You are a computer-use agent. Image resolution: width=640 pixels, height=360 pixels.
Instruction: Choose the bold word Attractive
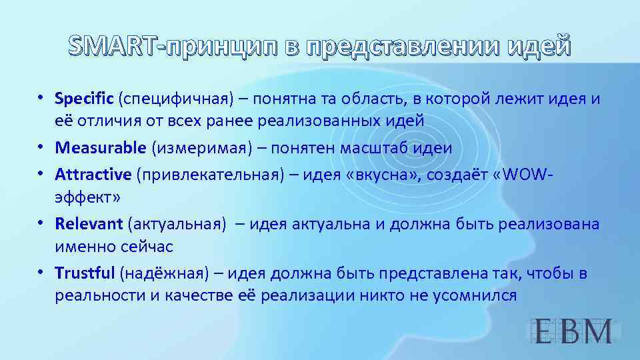tap(93, 174)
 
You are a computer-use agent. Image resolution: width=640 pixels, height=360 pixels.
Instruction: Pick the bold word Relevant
tap(89, 223)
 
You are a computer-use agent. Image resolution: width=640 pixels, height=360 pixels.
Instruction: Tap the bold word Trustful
tap(85, 273)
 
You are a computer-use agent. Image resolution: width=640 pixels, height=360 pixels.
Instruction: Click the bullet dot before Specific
tap(41, 97)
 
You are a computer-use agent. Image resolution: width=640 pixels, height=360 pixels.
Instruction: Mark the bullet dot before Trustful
tap(41, 272)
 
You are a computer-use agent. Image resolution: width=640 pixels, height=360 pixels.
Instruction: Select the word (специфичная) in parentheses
tap(174, 99)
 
